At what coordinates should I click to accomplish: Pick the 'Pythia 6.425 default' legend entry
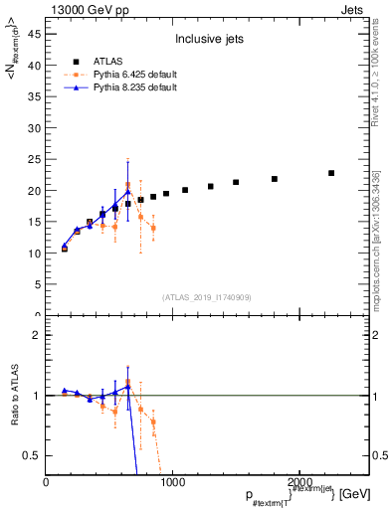point(132,75)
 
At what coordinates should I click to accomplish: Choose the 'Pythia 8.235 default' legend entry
point(132,87)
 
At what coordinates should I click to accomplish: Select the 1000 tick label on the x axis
point(172,482)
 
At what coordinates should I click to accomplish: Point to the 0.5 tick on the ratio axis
point(33,455)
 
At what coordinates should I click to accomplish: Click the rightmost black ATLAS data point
point(331,173)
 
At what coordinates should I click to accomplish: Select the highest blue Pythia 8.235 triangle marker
point(127,191)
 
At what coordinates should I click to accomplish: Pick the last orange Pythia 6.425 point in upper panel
point(153,228)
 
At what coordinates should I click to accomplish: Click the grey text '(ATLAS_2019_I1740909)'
point(208,297)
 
